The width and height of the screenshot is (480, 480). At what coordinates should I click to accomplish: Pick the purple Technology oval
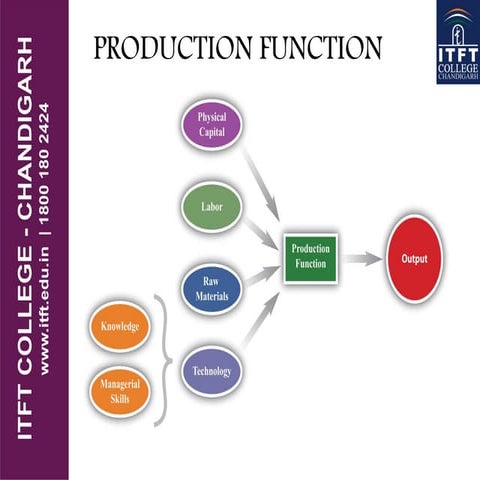tap(211, 372)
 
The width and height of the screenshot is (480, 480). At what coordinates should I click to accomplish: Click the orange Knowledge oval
tap(119, 327)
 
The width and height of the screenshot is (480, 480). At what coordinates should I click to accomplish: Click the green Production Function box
tap(311, 258)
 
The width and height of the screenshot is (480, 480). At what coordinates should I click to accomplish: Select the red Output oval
tap(414, 259)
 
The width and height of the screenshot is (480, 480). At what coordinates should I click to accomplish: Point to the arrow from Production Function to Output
tap(363, 259)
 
